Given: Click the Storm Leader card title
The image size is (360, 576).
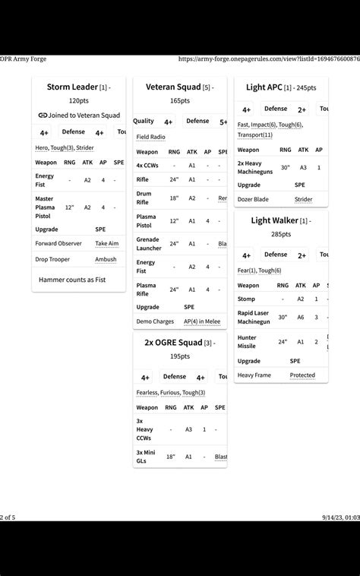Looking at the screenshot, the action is pos(72,87).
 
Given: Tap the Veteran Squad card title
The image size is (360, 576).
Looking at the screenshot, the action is pos(173,87).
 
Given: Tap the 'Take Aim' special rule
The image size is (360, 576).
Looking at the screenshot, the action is pos(107,243).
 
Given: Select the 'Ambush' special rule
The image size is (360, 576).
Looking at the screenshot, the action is pos(106,259).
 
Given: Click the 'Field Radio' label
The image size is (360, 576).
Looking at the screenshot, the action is pos(150,137).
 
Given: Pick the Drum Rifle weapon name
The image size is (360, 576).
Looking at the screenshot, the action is pos(144,198).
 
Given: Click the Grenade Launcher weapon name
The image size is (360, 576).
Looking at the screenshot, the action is pos(148,243).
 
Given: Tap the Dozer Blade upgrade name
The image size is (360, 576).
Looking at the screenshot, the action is pos(253,199).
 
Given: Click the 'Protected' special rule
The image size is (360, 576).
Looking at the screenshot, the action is pos(302,375).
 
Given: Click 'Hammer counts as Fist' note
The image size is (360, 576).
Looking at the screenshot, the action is pos(72,280).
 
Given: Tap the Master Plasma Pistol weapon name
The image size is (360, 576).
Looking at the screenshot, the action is pos(45,207).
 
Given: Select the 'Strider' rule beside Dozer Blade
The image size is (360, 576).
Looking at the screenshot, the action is pos(303,199).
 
